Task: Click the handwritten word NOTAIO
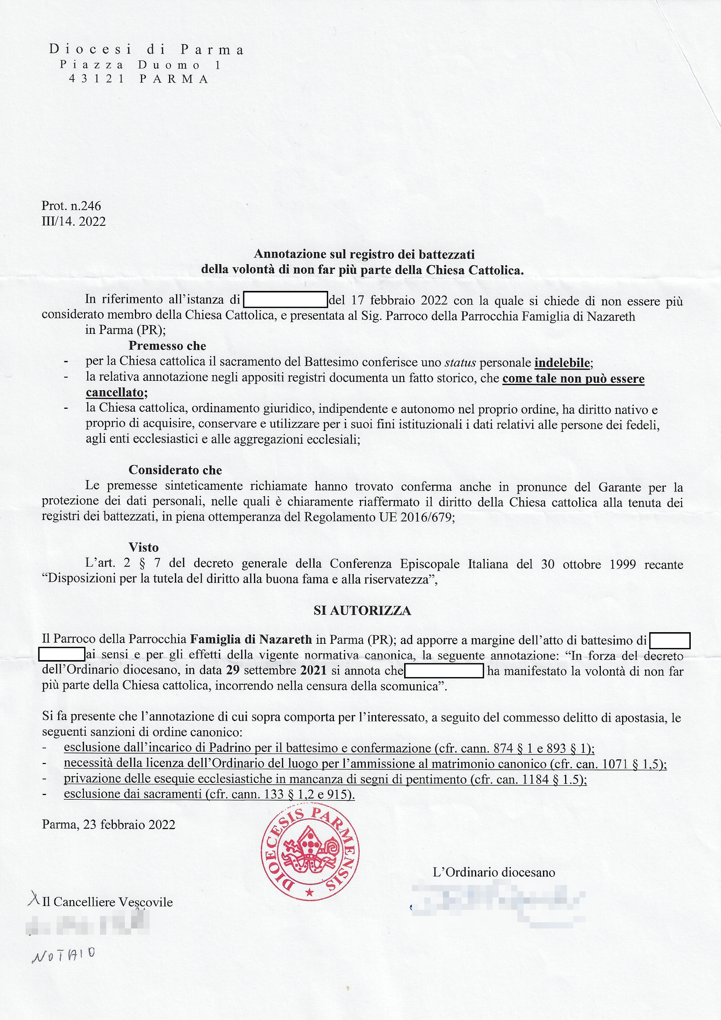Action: coord(63,954)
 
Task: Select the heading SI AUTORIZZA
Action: coord(362,611)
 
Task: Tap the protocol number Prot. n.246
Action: coord(71,206)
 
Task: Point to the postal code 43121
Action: coord(97,79)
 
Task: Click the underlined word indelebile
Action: coord(562,363)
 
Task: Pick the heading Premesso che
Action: coord(167,346)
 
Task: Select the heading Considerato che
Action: coord(175,470)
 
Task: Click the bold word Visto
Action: coord(144,547)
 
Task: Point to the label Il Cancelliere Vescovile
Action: coord(107,902)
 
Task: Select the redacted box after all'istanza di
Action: coord(285,300)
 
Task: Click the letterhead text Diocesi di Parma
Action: coord(147,49)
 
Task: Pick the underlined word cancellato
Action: coord(115,393)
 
